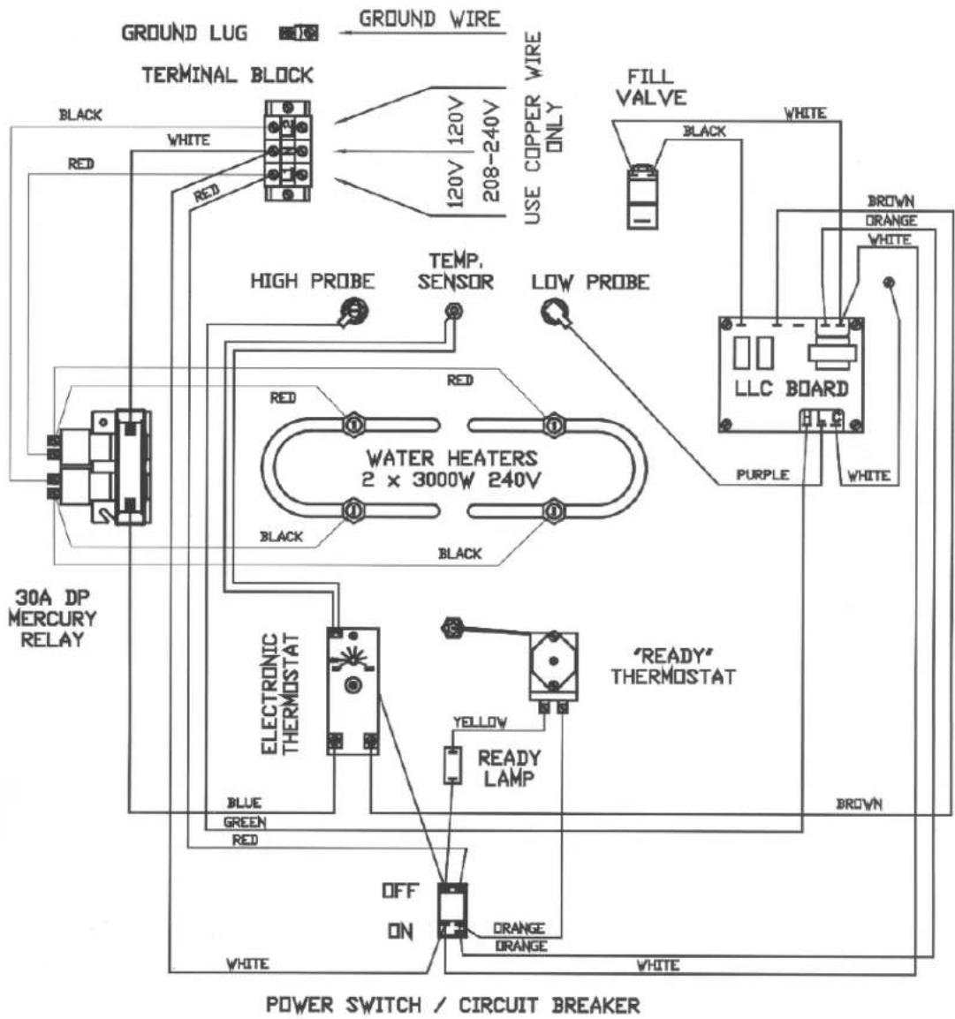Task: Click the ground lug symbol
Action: [x=299, y=33]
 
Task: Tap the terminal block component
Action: [x=288, y=151]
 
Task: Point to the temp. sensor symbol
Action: [x=454, y=312]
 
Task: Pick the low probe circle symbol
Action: [x=555, y=313]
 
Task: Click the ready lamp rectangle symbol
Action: [x=452, y=766]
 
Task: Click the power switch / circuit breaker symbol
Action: [x=452, y=910]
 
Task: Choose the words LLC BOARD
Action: [x=792, y=389]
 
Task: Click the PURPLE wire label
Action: [x=762, y=475]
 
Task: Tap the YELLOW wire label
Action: [x=480, y=722]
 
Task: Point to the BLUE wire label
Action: [x=244, y=804]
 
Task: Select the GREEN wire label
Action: [x=245, y=822]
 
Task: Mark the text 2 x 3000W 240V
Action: [x=451, y=480]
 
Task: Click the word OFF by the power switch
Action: [x=400, y=891]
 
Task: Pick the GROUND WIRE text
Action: [x=430, y=19]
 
